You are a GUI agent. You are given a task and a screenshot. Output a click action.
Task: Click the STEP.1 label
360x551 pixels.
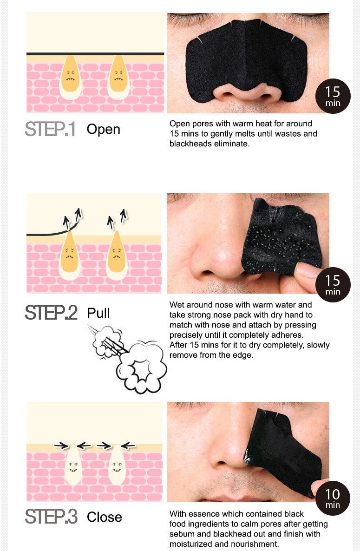pos(50,129)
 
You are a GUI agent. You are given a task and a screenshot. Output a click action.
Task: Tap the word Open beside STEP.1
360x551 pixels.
pos(103,129)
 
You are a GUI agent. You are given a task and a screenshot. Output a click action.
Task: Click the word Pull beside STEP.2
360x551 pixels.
pos(98,313)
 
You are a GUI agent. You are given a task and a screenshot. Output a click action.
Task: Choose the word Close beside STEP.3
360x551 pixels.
pos(105,517)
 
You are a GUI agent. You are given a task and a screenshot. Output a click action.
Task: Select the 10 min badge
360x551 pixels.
pos(333,498)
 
